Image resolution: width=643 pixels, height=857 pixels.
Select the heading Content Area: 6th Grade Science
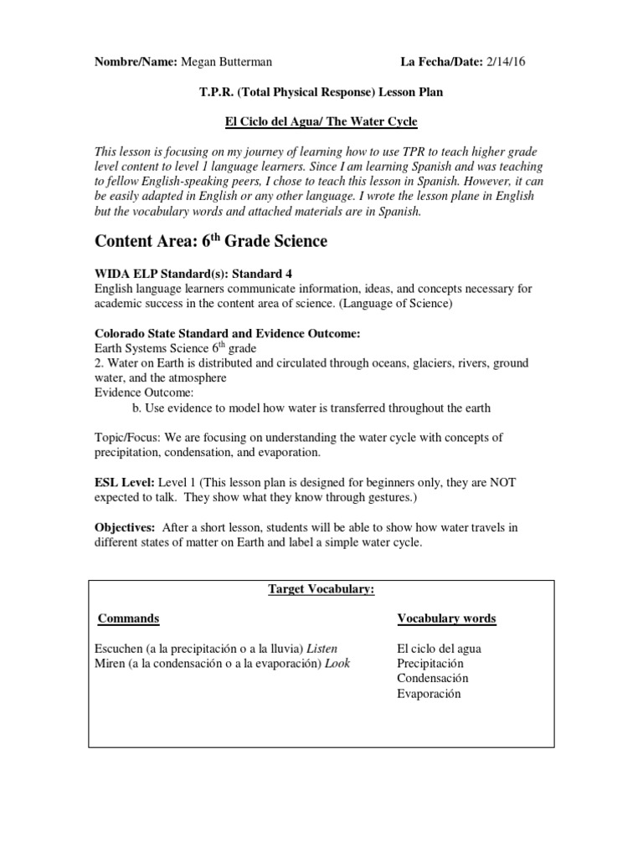(210, 242)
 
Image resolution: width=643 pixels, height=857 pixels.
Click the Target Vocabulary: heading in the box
(321, 590)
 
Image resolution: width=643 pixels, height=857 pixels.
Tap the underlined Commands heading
(128, 618)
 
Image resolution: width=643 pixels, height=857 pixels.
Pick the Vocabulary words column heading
(446, 618)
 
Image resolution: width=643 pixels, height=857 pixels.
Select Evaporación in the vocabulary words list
(429, 694)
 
